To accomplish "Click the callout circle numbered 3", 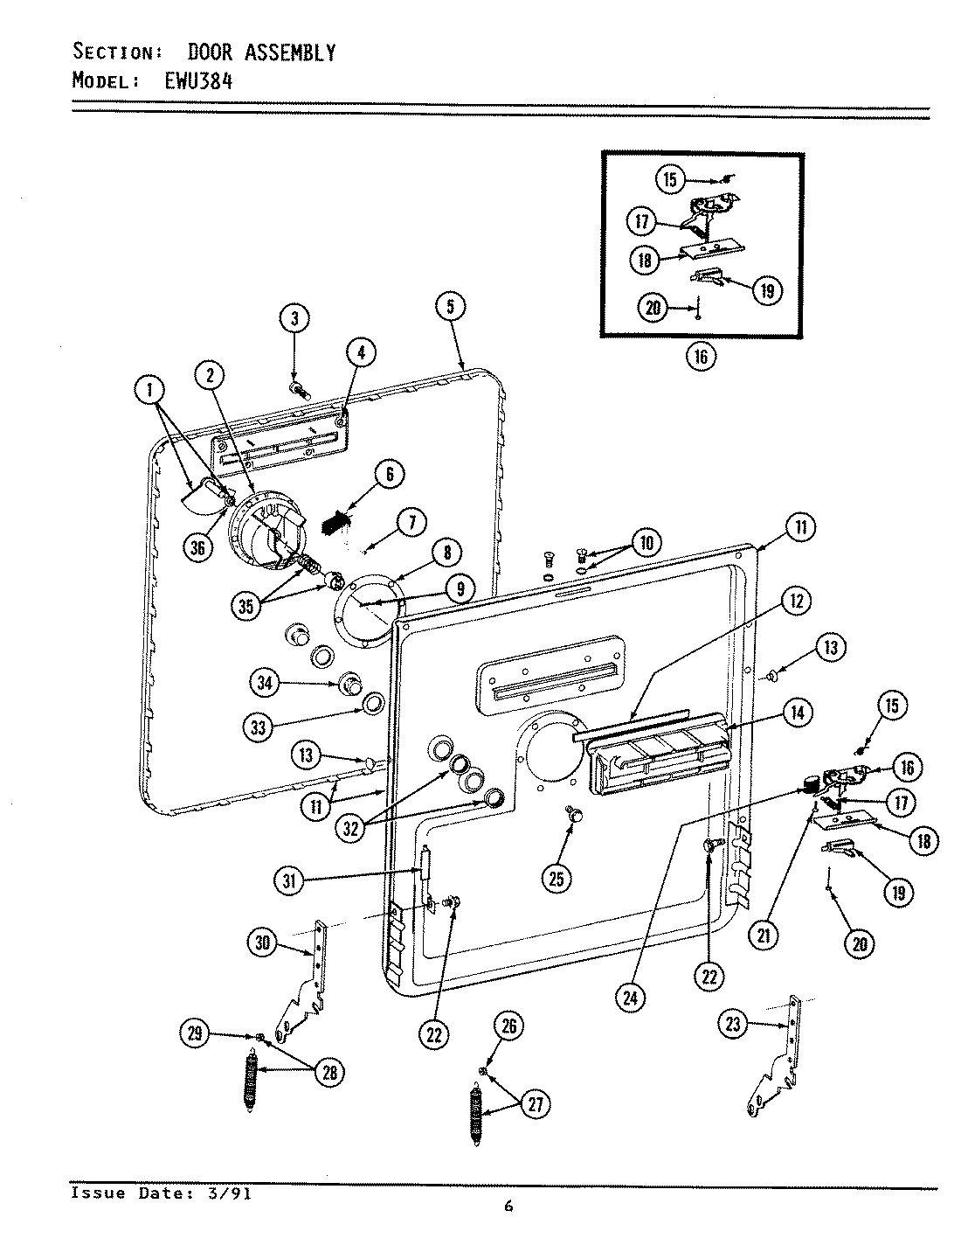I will [x=294, y=319].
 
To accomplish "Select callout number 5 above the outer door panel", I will [x=450, y=306].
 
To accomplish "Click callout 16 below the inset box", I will [x=701, y=356].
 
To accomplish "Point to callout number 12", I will [x=796, y=601].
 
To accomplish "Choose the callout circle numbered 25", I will [x=557, y=879].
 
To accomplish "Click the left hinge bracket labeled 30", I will [x=306, y=984].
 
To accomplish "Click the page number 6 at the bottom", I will [x=508, y=1208].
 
